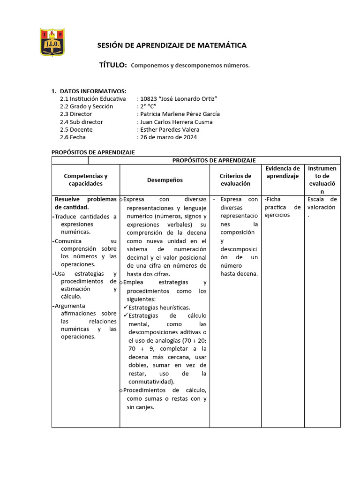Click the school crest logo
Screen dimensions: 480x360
pyautogui.click(x=52, y=43)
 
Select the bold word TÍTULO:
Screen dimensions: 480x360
pyautogui.click(x=112, y=65)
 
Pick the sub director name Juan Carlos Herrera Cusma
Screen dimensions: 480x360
pyautogui.click(x=176, y=122)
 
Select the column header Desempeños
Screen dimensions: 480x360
pyautogui.click(x=165, y=180)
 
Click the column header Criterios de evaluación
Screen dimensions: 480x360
pyautogui.click(x=236, y=180)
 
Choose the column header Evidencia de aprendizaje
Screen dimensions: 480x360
pyautogui.click(x=283, y=172)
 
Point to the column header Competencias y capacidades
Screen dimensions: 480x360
pyautogui.click(x=85, y=180)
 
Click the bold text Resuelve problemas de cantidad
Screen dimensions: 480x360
pyautogui.click(x=85, y=203)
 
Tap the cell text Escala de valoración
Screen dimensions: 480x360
pyautogui.click(x=322, y=203)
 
